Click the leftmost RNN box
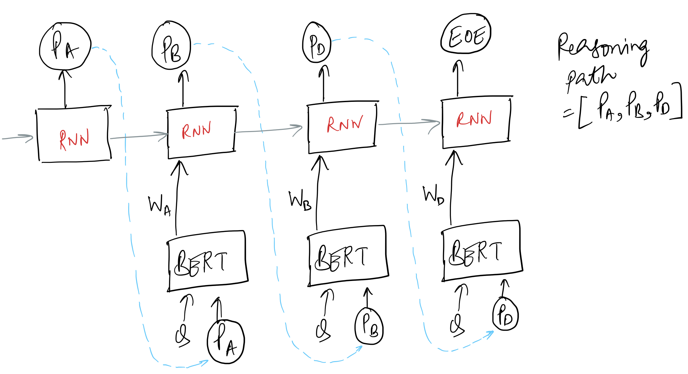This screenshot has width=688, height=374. pos(74,135)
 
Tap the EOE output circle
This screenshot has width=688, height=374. pos(466,34)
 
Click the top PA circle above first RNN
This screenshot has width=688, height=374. pos(65,46)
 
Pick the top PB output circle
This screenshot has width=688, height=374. pos(171,46)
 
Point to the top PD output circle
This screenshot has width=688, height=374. pos(317,42)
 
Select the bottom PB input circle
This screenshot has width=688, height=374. pos(369,326)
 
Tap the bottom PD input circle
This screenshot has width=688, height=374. pos(505,314)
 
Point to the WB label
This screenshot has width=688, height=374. pos(300,200)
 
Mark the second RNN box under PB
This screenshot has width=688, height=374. pos(201,132)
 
